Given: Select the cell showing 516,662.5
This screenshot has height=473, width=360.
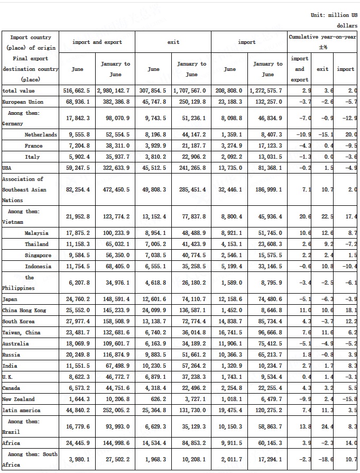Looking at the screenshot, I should point(77,91).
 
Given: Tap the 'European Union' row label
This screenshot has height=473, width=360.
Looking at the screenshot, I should point(22,102).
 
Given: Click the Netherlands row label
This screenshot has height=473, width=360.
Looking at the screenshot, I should point(41,135).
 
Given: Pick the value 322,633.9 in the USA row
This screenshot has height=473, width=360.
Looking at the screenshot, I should point(115,168).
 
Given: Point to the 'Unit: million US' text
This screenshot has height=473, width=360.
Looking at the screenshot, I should point(334,15).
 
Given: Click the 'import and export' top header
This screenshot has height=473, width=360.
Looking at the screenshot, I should point(97,42).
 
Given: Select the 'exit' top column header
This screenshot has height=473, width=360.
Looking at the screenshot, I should point(173,42).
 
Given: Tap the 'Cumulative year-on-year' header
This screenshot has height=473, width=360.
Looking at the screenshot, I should point(322,38).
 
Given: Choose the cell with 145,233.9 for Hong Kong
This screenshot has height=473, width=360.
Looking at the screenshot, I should point(115,311).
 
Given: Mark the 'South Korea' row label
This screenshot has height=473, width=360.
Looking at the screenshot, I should point(19,321).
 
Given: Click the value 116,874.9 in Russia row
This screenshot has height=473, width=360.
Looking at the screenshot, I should point(115,354).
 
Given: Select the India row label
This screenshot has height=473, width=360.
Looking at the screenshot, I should point(10,366).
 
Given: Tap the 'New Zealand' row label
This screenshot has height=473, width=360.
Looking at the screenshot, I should point(19,399).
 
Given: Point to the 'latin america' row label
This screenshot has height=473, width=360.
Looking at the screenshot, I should point(22,410).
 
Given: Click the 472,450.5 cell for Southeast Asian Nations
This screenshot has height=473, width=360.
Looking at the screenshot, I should point(115,189).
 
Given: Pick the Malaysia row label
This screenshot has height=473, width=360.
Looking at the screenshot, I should point(36,233).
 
